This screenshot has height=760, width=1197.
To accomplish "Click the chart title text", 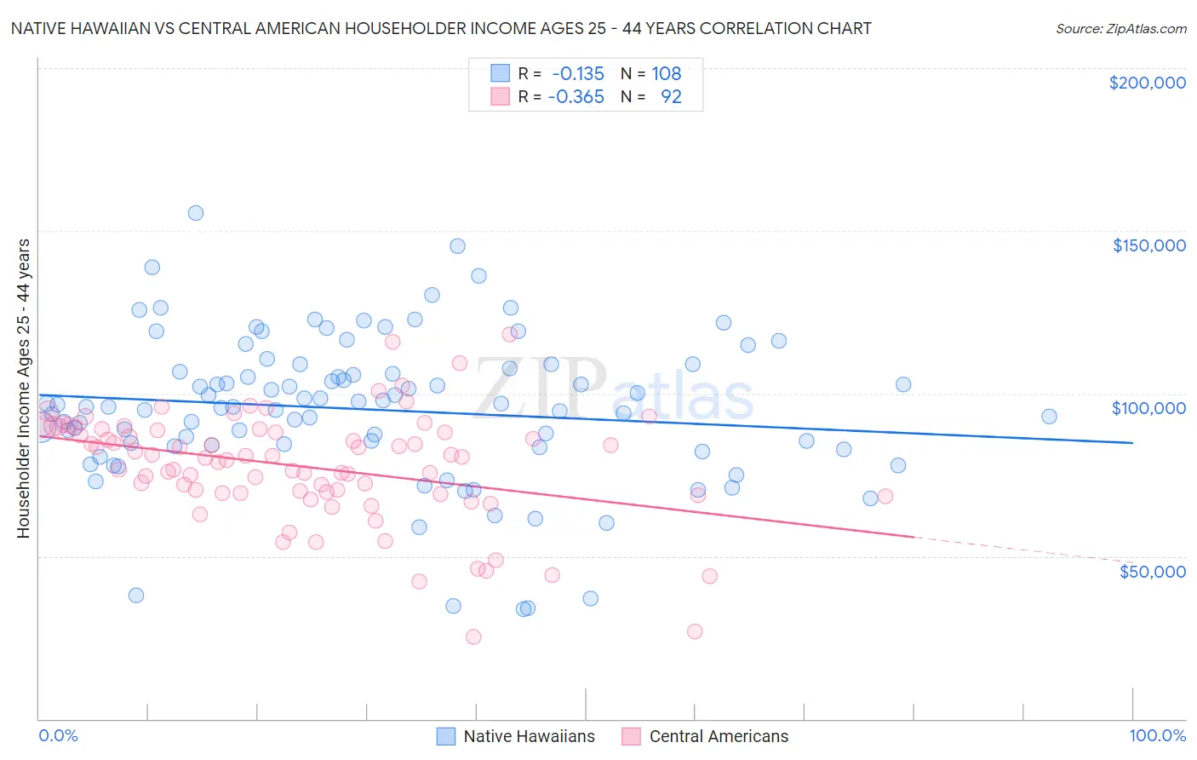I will pos(441,28).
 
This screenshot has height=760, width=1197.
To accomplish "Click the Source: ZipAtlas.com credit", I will pos(1120,28).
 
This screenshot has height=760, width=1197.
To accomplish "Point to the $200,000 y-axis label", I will pos(1147,83).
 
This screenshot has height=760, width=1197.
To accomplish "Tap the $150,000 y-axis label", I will pos(1148,245).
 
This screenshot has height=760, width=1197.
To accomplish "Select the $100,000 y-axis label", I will pos(1148,408).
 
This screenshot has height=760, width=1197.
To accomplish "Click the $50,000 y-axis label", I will pos(1152,571).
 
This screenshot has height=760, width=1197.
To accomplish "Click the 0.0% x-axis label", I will pos(58,735).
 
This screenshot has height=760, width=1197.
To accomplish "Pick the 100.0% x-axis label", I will pos(1157,735).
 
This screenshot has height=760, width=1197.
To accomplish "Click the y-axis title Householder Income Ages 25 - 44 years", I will pos(23,389).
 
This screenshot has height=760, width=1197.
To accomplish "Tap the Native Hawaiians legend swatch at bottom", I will pos(446,736).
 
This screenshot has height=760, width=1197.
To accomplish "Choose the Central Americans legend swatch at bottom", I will pos(631,736).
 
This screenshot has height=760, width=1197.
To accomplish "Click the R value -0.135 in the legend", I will pos(577,73).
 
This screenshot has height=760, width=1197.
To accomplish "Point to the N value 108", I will pos(666,73).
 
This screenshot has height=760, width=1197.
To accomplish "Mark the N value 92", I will pos(671,96).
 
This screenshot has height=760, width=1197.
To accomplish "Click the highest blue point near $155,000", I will pos(196,213).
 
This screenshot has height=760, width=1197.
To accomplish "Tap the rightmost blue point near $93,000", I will pos(1049,417).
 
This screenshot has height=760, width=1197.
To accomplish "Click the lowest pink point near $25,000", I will pos(473,636).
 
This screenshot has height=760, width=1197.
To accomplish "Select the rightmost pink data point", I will pos(885,496).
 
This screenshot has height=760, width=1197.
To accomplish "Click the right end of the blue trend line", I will pos(1132,442).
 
